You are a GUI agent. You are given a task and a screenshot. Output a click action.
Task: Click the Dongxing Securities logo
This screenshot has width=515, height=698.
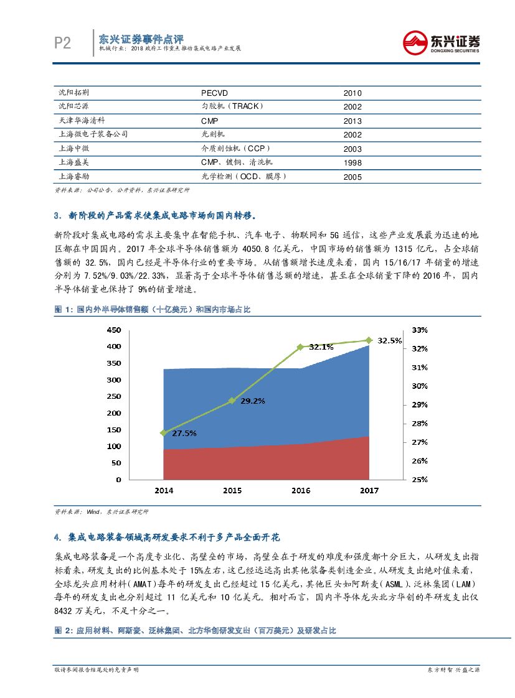coord(441,43)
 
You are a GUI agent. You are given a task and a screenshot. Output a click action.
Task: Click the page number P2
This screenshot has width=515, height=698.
coord(62,43)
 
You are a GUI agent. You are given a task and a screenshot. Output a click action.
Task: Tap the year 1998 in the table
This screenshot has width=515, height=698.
coord(352,163)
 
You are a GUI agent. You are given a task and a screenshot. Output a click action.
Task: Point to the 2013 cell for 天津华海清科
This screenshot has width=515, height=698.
coord(352,121)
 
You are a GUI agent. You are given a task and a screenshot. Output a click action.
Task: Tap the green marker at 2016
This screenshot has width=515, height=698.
coord(300,347)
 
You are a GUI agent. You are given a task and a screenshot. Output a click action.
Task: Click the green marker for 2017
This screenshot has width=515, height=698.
coord(369,340)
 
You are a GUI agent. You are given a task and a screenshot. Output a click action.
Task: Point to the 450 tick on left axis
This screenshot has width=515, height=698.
coord(113,329)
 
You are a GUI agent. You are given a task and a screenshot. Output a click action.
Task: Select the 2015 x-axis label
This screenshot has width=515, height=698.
coord(232,491)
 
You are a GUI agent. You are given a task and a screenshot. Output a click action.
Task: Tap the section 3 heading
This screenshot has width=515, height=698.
coord(154,216)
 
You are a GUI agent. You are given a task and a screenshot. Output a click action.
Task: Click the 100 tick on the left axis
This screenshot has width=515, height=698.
coord(113,446)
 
